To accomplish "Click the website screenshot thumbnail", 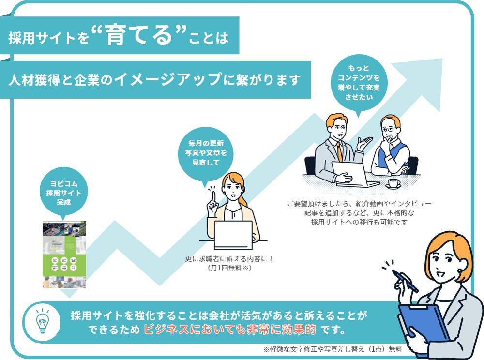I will (64, 255).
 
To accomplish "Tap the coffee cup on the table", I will (393, 183).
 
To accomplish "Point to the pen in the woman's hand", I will (405, 282).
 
